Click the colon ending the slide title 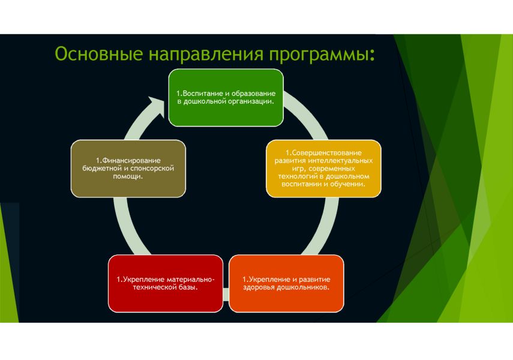tap(373, 56)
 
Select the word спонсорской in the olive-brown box tap(154, 169)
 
